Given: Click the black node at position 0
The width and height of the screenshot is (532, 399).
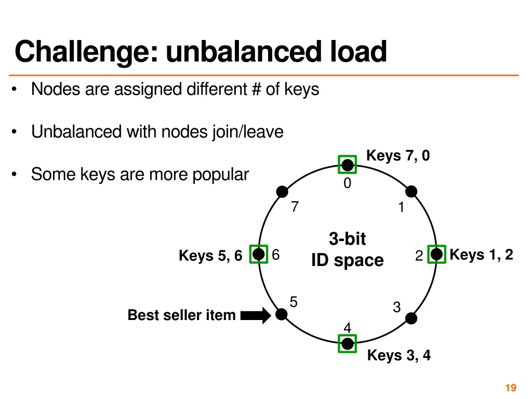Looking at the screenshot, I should (347, 165).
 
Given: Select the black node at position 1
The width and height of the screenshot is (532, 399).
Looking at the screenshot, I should (411, 192).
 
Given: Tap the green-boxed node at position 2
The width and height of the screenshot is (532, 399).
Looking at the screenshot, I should (436, 254).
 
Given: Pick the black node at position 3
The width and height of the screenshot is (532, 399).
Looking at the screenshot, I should (411, 318).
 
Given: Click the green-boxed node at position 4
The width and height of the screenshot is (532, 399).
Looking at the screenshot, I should (347, 343).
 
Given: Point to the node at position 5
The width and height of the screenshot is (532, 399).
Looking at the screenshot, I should (282, 314).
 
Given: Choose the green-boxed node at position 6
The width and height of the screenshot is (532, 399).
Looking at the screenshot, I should (258, 254).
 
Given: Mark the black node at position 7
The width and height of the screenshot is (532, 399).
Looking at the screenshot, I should (282, 192).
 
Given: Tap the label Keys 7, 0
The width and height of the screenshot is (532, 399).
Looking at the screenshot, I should (398, 155).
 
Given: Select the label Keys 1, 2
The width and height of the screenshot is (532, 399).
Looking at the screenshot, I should (481, 255).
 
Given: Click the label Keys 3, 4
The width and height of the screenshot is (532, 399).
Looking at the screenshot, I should (398, 355).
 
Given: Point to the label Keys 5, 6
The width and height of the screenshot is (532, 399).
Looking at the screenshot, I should (210, 256).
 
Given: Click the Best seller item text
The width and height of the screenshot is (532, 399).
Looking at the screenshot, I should (181, 315).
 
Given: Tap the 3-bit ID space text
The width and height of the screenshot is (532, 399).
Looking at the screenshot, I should (347, 250).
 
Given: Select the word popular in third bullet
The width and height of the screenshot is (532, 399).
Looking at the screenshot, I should (220, 175).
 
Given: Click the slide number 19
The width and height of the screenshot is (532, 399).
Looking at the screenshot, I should (510, 388).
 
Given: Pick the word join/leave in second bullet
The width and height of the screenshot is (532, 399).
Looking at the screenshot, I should (248, 132).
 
